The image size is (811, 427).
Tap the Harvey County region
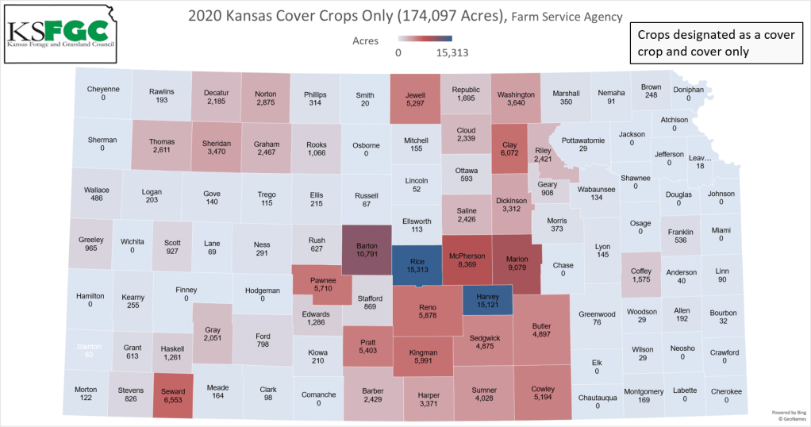[486, 300]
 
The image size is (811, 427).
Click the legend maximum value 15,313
[452, 53]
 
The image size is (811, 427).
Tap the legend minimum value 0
[398, 53]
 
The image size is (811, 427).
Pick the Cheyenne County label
[103, 89]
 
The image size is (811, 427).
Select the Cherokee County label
[726, 391]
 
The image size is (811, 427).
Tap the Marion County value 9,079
[517, 267]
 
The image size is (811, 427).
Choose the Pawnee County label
[323, 281]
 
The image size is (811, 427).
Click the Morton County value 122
[86, 399]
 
